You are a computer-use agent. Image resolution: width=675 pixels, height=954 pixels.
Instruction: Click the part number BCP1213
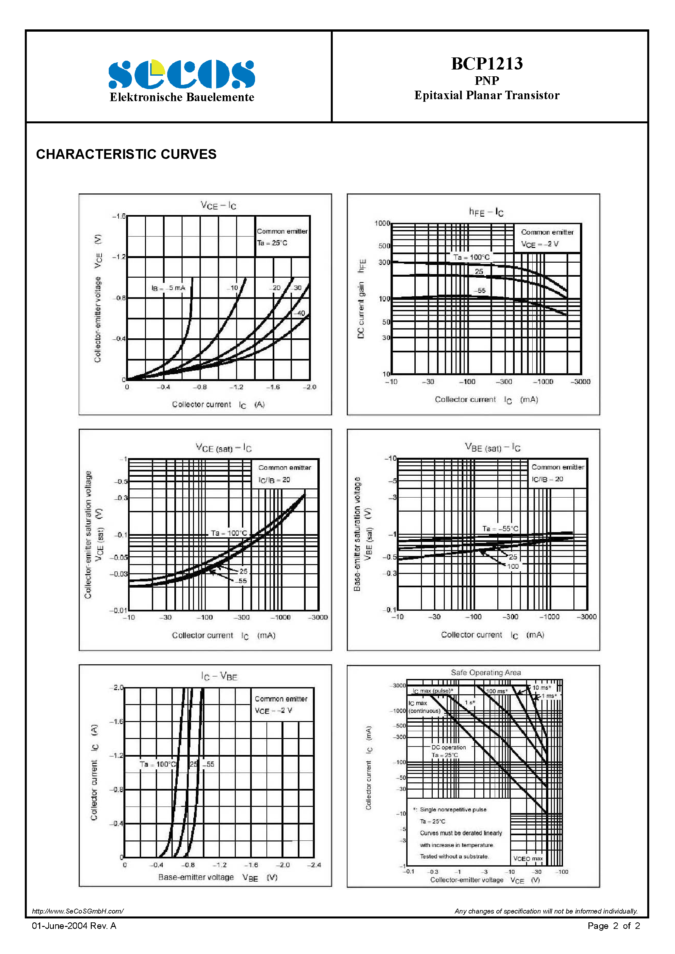coord(487,64)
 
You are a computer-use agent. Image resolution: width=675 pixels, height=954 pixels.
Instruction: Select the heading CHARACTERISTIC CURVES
coord(126,154)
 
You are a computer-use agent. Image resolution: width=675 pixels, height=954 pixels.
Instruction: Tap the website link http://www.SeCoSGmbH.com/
coord(78,911)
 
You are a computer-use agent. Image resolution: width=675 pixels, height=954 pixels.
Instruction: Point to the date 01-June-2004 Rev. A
coord(74,925)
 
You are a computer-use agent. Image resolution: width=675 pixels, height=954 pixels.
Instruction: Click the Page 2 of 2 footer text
coord(614,925)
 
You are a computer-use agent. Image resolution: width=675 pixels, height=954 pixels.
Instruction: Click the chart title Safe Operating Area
coord(486,672)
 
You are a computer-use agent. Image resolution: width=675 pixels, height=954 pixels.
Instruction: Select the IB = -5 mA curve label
coord(169,288)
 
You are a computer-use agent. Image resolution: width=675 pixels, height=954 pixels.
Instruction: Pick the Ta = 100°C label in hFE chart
coord(471,257)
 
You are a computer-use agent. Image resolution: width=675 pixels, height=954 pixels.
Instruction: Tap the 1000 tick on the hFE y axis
coord(382,223)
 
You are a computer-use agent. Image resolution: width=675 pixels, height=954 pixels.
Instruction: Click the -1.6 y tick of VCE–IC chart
coord(119,216)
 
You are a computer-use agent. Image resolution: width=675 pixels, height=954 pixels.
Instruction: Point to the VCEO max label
coord(528,858)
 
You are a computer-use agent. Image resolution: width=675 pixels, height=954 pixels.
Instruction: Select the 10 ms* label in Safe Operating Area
coord(541,688)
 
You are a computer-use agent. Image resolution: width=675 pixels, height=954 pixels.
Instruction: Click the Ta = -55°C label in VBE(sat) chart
coord(500,529)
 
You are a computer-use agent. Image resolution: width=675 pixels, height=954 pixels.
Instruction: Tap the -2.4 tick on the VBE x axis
coord(314,865)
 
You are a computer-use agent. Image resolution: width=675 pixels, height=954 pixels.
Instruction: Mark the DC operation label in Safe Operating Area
coord(448,747)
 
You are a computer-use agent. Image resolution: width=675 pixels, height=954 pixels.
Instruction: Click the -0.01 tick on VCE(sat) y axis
coord(118,610)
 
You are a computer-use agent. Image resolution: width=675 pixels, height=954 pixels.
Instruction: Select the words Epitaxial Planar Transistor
coord(487,95)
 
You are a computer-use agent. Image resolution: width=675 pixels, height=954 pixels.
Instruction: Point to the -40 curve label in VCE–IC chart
coord(300,313)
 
